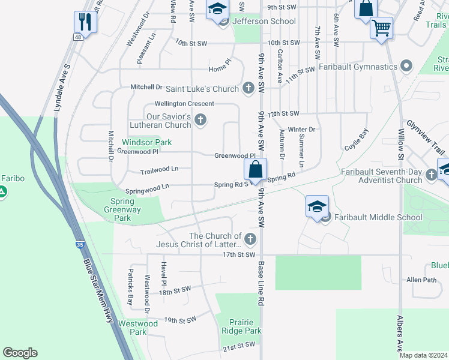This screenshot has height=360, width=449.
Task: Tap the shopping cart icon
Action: (381, 27)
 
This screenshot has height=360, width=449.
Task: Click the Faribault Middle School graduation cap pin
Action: (316, 206)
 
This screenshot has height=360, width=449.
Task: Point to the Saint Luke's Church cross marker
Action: (249, 89)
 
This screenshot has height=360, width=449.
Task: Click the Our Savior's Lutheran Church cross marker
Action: (201, 121)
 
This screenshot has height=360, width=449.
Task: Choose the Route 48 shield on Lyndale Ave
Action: (78, 37)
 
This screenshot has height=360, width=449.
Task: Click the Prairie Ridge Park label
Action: (241, 326)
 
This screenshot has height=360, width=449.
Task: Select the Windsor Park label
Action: (147, 142)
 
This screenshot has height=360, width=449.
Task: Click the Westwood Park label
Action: (138, 328)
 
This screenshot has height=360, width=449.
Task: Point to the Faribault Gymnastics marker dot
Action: (406, 66)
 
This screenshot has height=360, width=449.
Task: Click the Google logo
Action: (20, 353)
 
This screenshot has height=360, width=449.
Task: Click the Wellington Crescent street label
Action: (176, 104)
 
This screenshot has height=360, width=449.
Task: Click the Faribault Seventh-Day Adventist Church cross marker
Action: (430, 176)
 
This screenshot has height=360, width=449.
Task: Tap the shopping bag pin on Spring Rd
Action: (256, 169)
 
